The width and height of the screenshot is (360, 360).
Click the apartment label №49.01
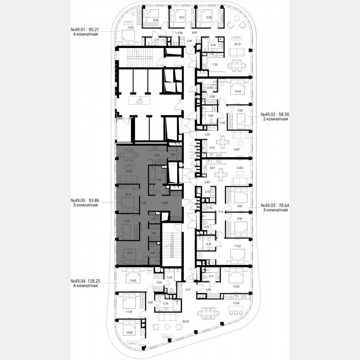click(x=77, y=30)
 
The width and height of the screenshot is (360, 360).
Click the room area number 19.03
click(x=123, y=171)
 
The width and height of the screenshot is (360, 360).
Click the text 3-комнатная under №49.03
click(x=275, y=210)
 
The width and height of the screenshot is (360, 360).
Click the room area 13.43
click(x=238, y=91)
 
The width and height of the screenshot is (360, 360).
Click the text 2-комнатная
click(x=275, y=119)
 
